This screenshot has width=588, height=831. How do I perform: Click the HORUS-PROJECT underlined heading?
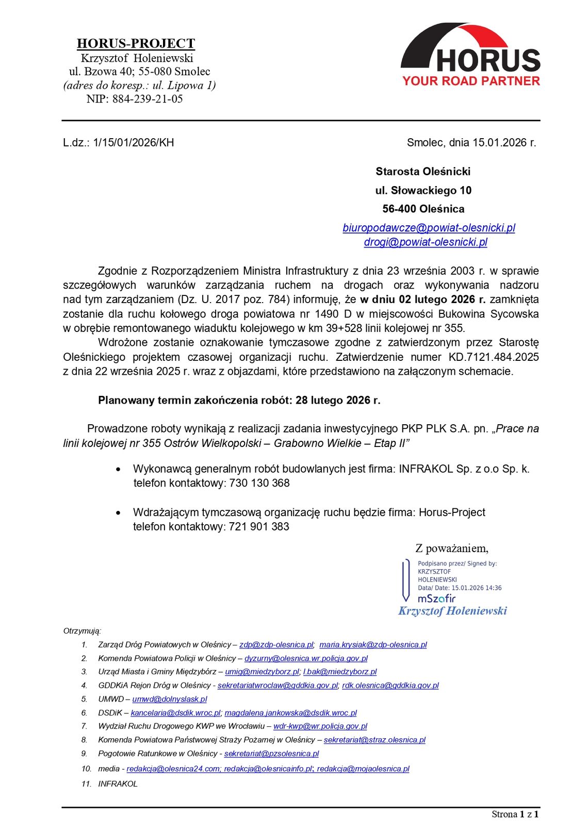coord(136,43)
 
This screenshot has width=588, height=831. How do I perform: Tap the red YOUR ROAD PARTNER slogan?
coord(471,81)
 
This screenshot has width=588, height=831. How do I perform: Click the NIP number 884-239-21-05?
coord(148,99)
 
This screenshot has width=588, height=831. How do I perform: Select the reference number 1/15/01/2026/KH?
coord(134,143)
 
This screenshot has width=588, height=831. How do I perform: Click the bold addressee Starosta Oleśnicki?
coord(423,172)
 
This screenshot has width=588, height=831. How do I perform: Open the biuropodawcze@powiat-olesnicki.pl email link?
coord(429,228)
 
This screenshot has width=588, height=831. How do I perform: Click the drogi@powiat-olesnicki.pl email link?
coord(426,242)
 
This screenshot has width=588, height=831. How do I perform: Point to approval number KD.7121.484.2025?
coord(494,357)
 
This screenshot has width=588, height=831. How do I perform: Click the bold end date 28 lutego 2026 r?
coord(338,401)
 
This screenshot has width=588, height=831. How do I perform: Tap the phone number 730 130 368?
coord(259,484)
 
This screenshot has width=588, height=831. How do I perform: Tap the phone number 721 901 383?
coord(259,527)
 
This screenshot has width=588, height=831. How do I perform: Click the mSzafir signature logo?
coord(436,599)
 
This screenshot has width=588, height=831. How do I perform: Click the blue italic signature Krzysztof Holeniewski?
coord(452,611)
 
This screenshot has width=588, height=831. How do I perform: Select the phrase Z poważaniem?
coord(452,549)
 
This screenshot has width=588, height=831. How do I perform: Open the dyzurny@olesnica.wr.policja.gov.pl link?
coord(306,658)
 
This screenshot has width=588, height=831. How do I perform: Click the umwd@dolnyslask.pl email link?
coord(170,699)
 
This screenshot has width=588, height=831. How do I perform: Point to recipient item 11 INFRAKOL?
coord(118,784)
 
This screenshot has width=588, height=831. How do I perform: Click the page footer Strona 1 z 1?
coord(515,815)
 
